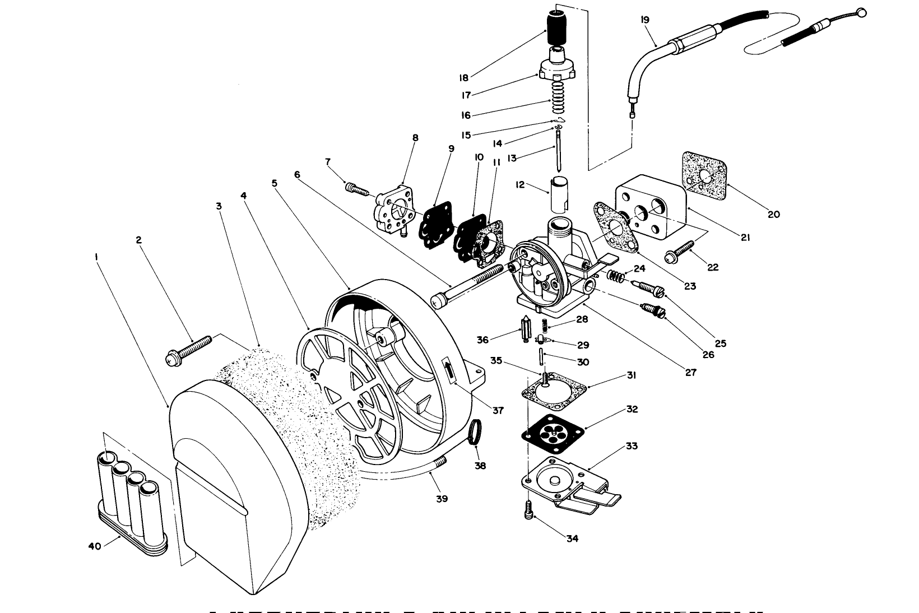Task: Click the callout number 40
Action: tap(95, 545)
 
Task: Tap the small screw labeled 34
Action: tap(528, 509)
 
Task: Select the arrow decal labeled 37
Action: tap(449, 370)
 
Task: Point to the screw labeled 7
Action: tap(356, 189)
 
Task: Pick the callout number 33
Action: tap(632, 446)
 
